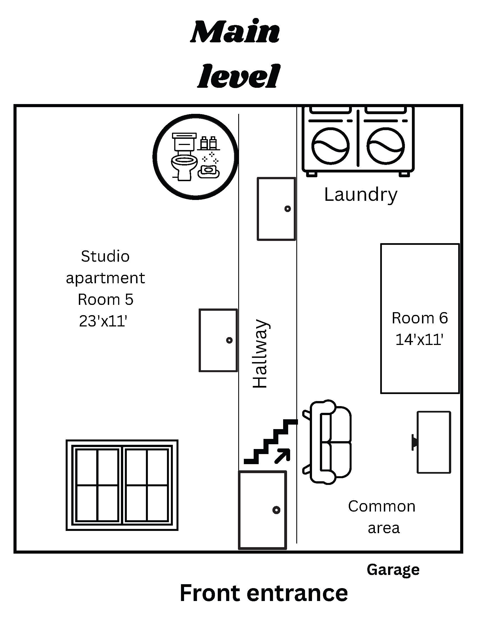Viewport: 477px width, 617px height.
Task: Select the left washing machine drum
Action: (x=330, y=146)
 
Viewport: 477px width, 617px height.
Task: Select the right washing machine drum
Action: (x=386, y=146)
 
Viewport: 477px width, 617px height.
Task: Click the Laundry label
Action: (x=361, y=195)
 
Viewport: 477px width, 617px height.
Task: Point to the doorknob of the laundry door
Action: (x=287, y=209)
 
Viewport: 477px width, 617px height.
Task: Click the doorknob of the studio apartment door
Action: (x=229, y=340)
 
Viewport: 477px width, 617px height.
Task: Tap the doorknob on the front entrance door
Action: (x=276, y=510)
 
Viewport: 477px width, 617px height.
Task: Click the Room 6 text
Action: (x=420, y=318)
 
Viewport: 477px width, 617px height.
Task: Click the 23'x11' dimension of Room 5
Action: (x=103, y=321)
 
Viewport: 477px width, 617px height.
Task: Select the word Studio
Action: (x=105, y=257)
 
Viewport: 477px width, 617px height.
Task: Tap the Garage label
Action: (x=393, y=570)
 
